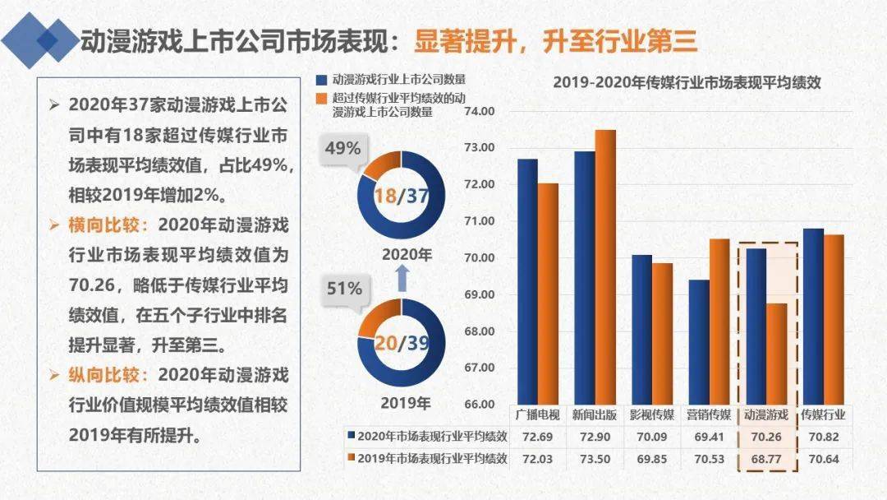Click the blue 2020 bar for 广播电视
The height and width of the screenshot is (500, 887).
[x=527, y=280]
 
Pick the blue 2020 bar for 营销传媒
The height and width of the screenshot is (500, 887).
[x=699, y=341]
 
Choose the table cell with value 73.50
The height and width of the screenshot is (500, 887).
[x=595, y=458]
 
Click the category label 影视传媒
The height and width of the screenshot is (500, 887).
[x=653, y=414]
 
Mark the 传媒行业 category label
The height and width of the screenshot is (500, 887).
[x=824, y=414]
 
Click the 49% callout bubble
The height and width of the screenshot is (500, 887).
[x=343, y=150]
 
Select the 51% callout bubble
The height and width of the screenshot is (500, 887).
[x=343, y=289]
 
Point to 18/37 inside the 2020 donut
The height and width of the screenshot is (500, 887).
[x=401, y=195]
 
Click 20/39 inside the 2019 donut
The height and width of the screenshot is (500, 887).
[x=401, y=343]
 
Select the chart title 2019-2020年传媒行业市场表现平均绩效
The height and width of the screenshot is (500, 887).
[x=687, y=82]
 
